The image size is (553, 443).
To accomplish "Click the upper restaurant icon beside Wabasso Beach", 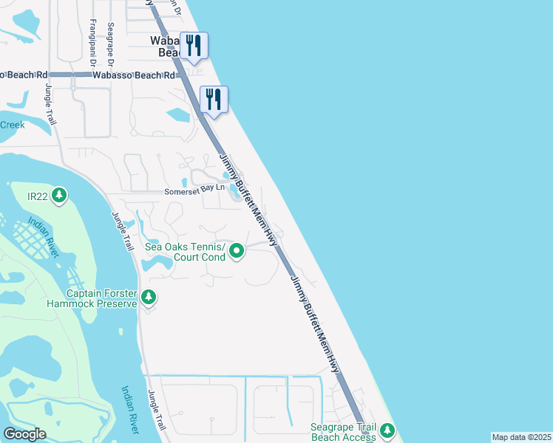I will [x=193, y=45].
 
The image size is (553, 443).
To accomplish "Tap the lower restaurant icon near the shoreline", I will [x=214, y=99].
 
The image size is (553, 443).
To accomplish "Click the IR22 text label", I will [x=38, y=196].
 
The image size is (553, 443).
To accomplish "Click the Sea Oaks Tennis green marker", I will [x=237, y=252].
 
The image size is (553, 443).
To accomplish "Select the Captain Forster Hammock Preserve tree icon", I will [x=149, y=298].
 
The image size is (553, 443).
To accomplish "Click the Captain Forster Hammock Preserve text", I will [x=92, y=298].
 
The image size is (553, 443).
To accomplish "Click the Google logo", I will [x=25, y=433].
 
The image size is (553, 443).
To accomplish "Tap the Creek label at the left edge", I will [x=13, y=125].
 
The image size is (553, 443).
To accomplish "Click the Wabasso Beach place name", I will [x=166, y=47].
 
